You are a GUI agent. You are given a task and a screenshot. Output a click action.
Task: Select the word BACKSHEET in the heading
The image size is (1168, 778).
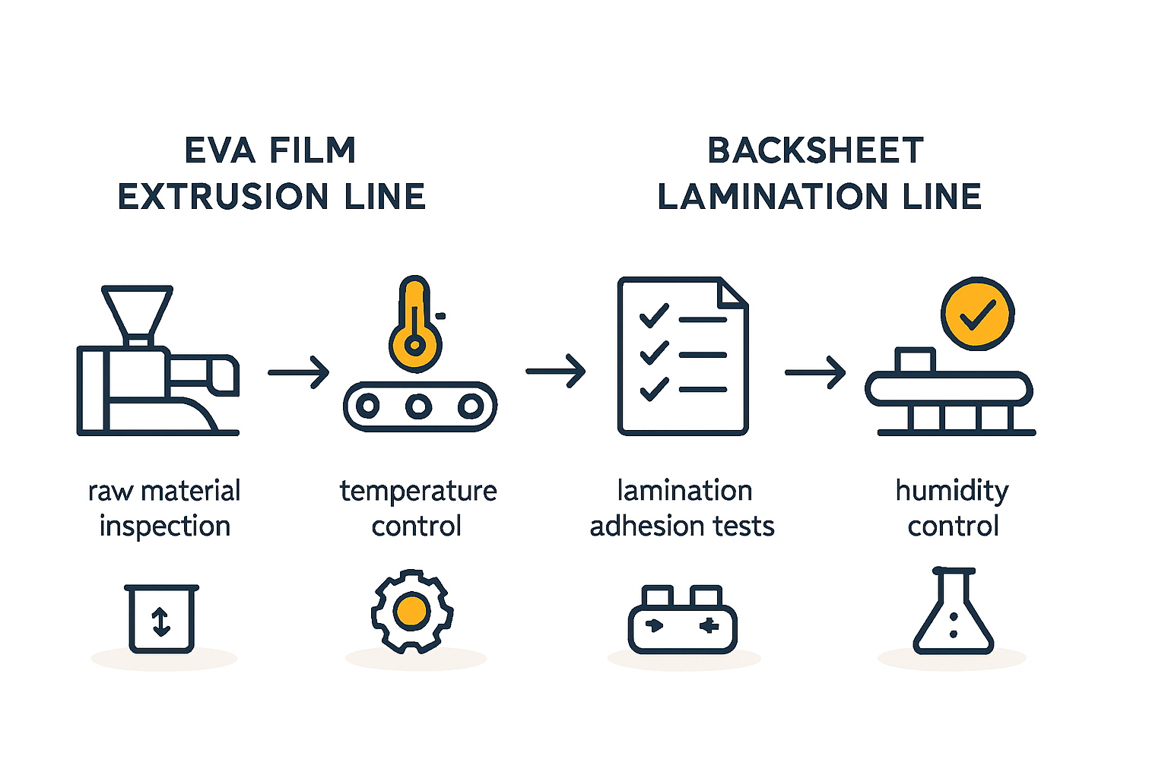[x=815, y=150]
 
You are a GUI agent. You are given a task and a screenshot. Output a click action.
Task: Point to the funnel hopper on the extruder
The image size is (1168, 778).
[x=138, y=312]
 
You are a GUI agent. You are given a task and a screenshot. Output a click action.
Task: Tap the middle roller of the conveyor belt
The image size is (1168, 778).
[x=418, y=406]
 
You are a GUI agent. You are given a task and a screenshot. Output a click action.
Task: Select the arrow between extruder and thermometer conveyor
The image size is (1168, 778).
[x=298, y=372]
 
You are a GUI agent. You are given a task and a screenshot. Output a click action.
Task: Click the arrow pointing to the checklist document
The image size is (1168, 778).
[x=556, y=372]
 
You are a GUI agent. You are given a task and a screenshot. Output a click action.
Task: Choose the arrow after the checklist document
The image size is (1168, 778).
[x=815, y=372]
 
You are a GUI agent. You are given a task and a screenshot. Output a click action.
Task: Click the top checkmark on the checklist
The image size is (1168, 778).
[x=653, y=315]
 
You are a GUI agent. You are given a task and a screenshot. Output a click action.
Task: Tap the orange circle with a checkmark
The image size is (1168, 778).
[x=977, y=313]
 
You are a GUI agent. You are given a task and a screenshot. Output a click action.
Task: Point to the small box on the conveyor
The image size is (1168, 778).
[x=915, y=360]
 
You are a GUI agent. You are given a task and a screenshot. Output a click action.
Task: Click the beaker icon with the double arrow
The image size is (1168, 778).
[x=161, y=619]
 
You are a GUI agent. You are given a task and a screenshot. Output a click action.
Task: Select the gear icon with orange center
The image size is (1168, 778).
[x=412, y=611]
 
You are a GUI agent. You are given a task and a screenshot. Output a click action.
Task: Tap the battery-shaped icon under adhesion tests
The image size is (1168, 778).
[x=682, y=621]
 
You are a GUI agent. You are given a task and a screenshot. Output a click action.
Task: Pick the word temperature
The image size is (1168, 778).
[x=418, y=491]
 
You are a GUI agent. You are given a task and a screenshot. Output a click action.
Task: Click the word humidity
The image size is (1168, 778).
[x=952, y=491]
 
